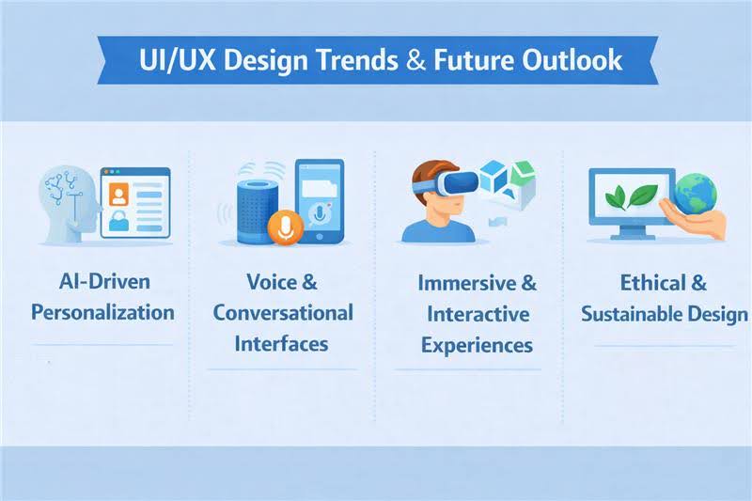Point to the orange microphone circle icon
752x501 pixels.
[283, 227]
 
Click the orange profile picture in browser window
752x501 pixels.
[119, 194]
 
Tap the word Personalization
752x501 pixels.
[102, 312]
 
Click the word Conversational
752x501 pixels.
[283, 312]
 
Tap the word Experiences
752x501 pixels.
[477, 345]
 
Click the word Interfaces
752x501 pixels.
[283, 343]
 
